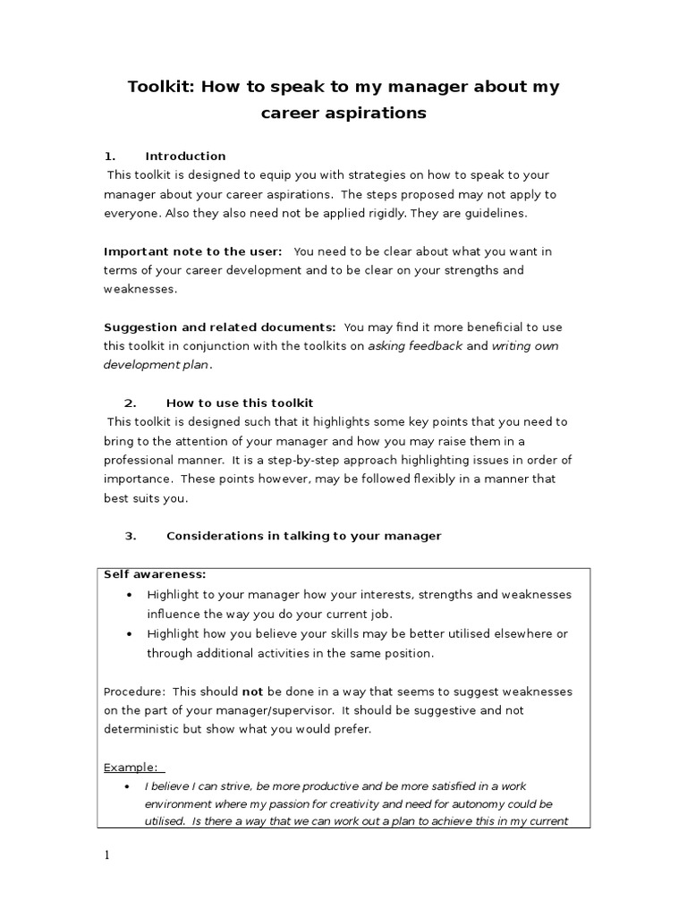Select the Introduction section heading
click(x=185, y=156)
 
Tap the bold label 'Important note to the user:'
click(x=193, y=251)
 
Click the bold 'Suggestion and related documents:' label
click(x=220, y=327)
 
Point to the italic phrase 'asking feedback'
click(x=415, y=346)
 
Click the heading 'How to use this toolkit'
click(x=240, y=403)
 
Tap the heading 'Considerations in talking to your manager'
click(x=303, y=536)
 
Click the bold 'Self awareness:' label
click(x=155, y=574)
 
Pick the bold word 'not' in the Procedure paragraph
click(x=252, y=691)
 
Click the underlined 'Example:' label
click(x=131, y=768)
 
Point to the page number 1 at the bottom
click(x=107, y=855)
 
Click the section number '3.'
click(x=130, y=536)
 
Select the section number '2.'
click(x=130, y=403)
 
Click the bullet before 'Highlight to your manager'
click(x=130, y=595)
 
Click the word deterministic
click(x=142, y=729)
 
